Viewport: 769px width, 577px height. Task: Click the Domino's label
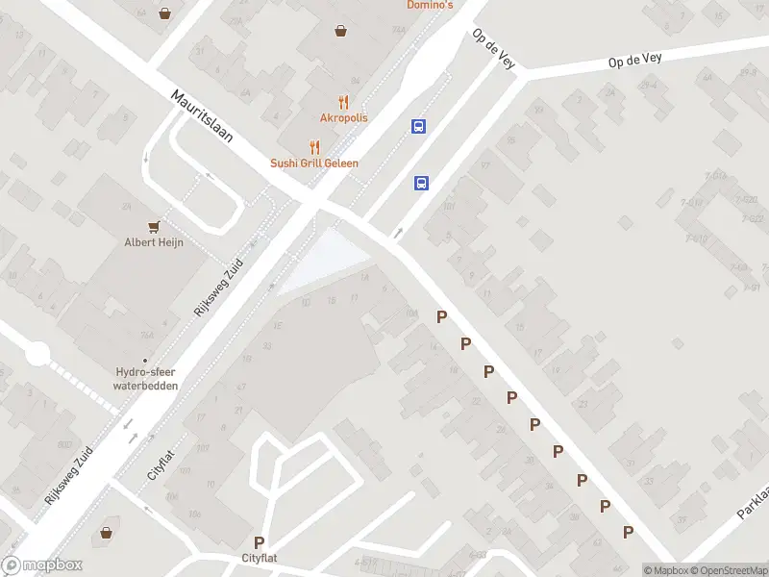430,5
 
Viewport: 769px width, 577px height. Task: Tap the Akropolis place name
343,118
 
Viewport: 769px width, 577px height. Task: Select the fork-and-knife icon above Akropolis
342,102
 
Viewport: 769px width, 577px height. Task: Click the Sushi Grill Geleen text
314,163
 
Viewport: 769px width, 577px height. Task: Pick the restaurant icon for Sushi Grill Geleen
313,147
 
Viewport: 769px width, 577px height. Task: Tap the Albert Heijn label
154,242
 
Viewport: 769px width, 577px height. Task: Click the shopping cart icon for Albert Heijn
153,226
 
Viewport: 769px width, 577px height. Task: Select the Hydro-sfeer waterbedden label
145,379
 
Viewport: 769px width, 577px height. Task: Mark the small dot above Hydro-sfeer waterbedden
145,361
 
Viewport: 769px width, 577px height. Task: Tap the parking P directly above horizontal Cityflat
259,542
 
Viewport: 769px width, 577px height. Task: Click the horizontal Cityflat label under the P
260,558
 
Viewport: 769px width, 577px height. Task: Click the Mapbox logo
42,565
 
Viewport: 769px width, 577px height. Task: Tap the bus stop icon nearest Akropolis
418,126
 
